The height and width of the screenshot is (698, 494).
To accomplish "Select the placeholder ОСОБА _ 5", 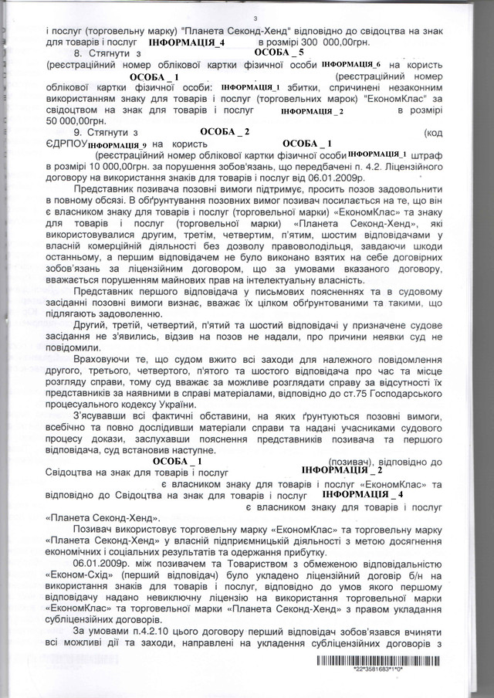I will pos(279,52).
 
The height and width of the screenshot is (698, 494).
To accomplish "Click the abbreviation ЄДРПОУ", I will pos(65,144).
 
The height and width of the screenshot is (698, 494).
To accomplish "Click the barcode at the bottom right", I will pos(382,662).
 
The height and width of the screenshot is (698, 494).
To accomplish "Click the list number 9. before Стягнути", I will pos(80,134).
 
